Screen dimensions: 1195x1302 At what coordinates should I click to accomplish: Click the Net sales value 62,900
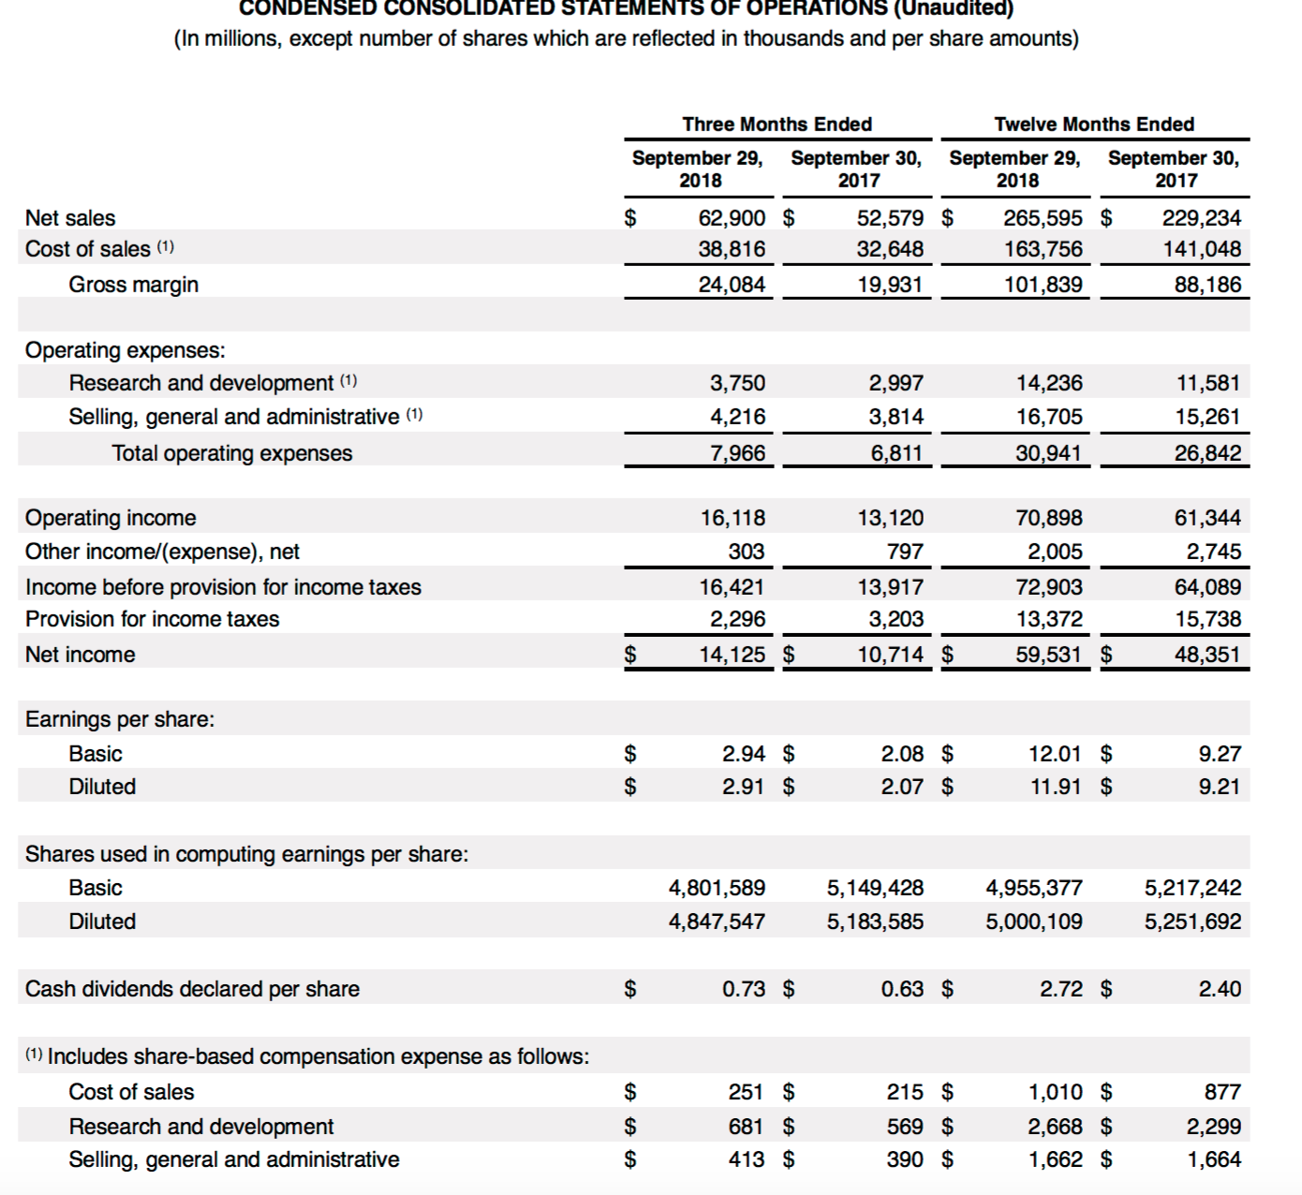click(x=732, y=218)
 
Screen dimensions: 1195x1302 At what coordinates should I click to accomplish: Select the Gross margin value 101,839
click(x=1043, y=285)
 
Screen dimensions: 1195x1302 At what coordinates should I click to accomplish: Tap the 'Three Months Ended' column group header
click(x=777, y=125)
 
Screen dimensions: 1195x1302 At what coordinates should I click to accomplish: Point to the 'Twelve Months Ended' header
click(x=1094, y=125)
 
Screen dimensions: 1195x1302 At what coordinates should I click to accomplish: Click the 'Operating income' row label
click(x=111, y=518)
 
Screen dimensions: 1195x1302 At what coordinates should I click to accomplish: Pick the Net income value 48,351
click(x=1207, y=655)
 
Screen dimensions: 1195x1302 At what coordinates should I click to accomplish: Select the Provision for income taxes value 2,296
click(x=737, y=619)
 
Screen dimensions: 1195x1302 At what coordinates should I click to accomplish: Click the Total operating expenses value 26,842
click(x=1207, y=453)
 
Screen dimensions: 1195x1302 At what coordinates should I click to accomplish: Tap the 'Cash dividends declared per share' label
click(x=192, y=989)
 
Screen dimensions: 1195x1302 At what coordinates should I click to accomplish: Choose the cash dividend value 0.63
click(x=902, y=989)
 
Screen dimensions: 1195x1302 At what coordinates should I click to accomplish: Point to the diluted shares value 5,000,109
click(x=1033, y=922)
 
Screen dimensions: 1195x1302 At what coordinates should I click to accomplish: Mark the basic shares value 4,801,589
click(x=717, y=888)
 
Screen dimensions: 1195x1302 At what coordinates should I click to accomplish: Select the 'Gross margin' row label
click(x=133, y=285)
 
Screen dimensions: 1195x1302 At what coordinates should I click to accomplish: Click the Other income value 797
click(x=905, y=552)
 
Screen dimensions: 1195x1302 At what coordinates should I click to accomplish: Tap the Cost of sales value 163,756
click(x=1043, y=249)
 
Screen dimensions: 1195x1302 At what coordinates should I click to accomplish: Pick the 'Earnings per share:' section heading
click(x=120, y=719)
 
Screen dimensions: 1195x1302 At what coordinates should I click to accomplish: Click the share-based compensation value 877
click(x=1222, y=1092)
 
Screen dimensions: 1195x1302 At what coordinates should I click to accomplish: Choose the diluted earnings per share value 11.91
click(x=1056, y=787)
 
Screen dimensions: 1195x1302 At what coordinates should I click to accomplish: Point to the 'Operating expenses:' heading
click(x=126, y=350)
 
